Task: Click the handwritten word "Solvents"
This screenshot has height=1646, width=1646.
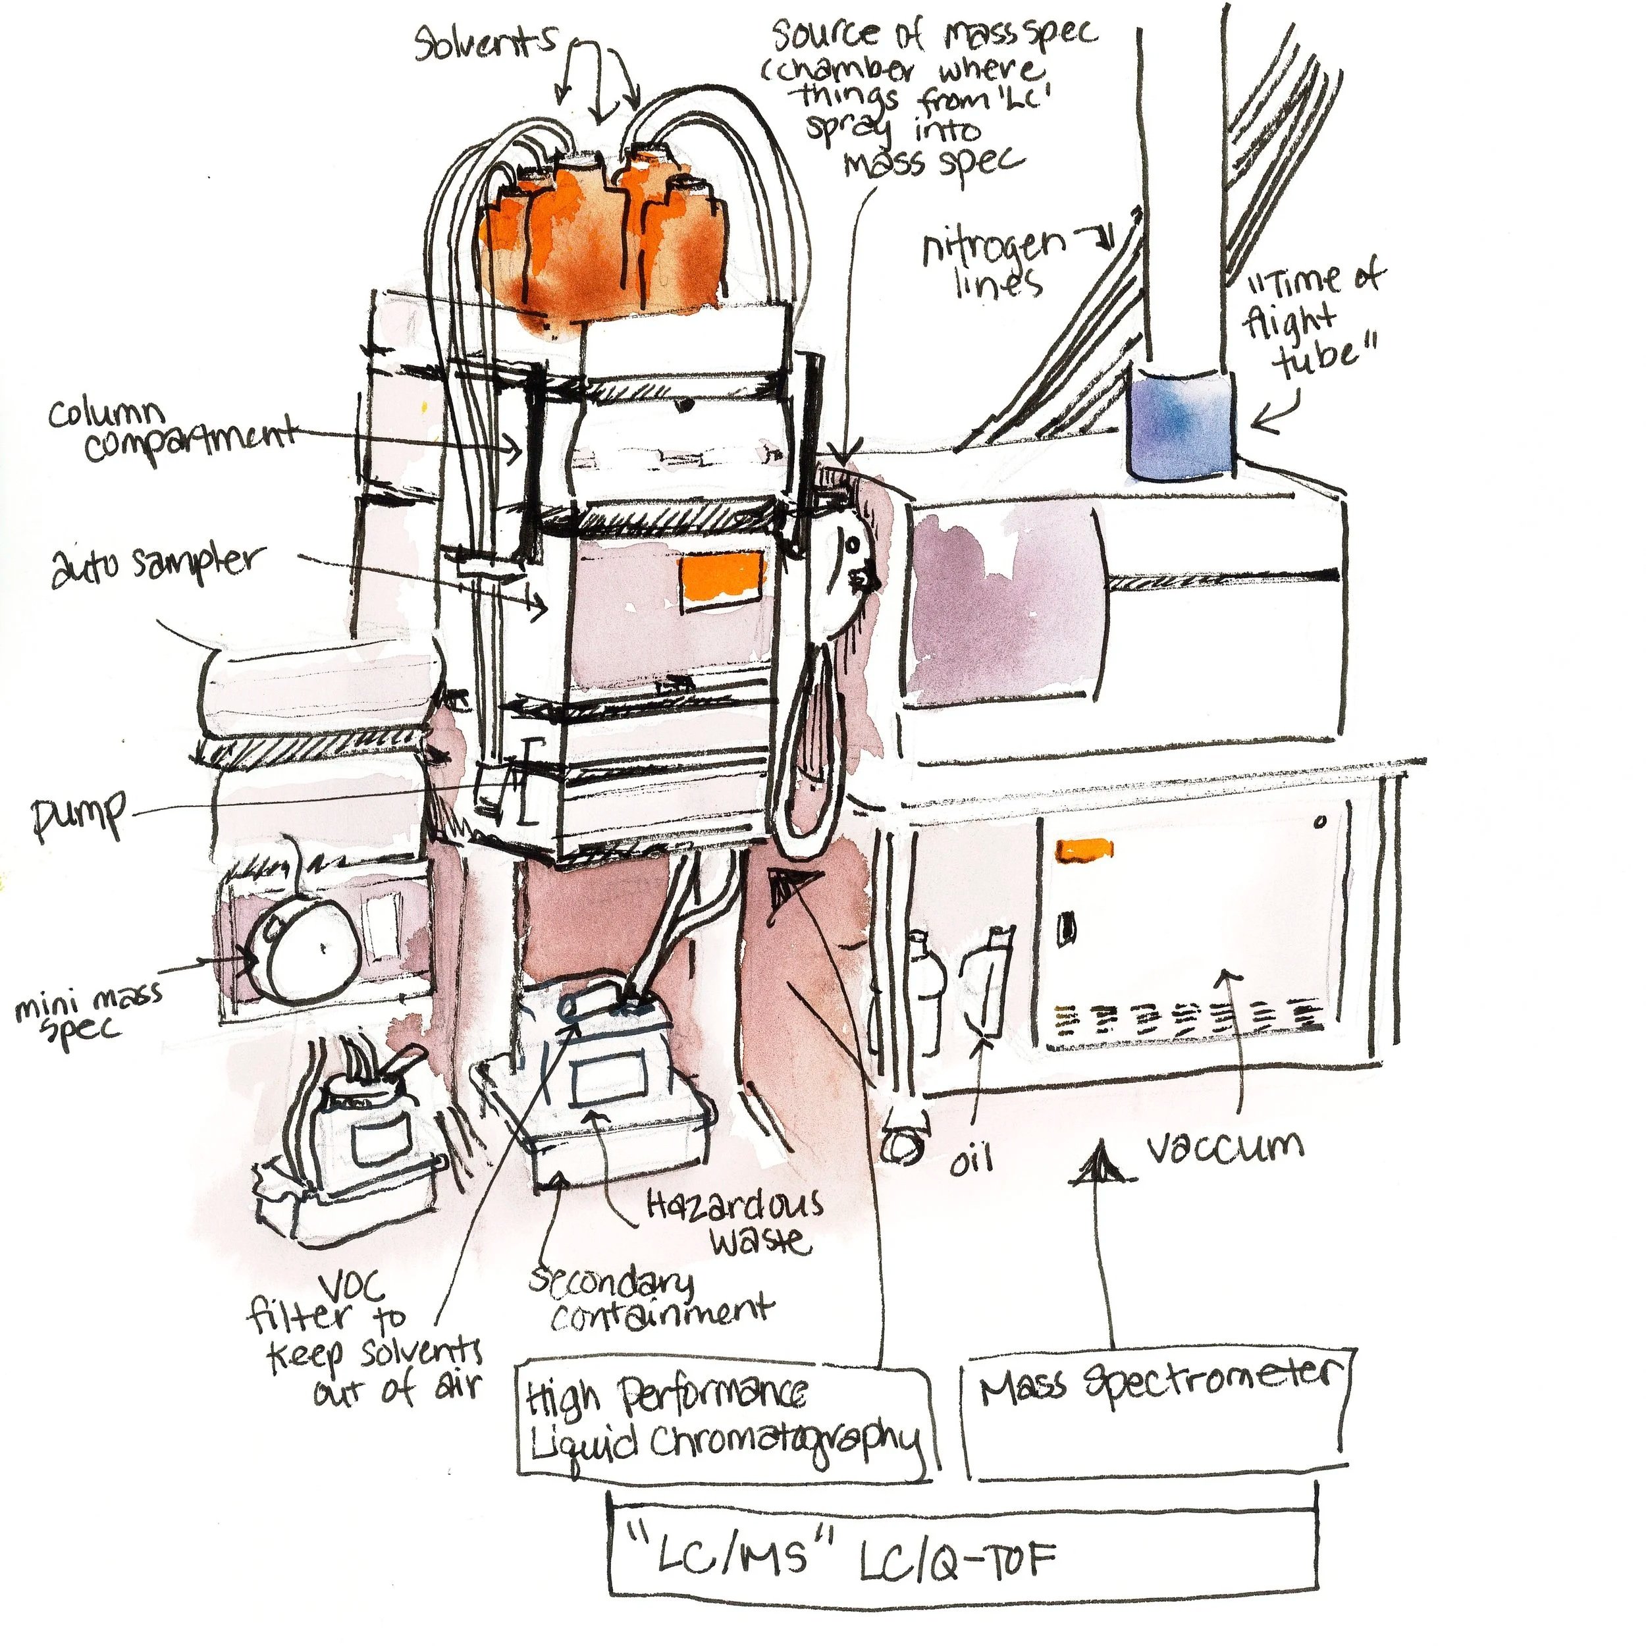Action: coord(486,43)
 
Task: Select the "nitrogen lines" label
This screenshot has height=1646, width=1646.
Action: coord(993,263)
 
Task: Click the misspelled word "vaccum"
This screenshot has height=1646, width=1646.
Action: coord(1224,1148)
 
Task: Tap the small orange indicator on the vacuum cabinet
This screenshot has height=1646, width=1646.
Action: coord(1084,849)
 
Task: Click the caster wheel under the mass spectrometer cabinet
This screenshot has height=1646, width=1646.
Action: coord(903,1145)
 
